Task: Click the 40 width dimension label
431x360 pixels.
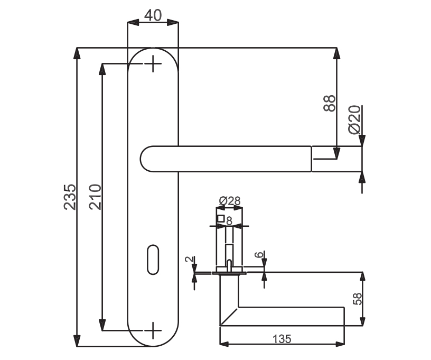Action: pos(153,15)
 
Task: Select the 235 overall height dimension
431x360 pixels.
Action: pos(70,197)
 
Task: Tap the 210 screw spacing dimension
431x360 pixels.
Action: pos(96,197)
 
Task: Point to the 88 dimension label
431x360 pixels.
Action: pos(329,103)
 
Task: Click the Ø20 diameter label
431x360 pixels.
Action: pos(354,119)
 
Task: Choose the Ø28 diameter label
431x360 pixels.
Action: pos(230,201)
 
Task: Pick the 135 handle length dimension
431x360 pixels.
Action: pos(282,339)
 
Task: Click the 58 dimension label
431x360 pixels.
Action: pos(357,299)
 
